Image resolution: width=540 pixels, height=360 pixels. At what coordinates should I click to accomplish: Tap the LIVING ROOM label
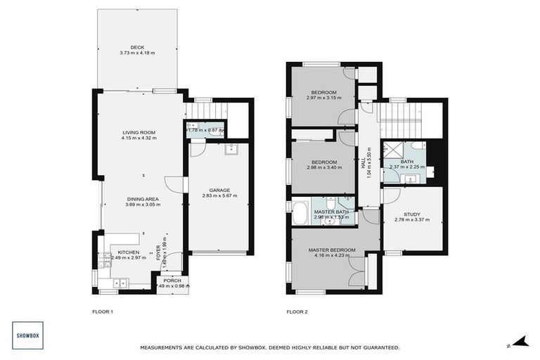pos(139,132)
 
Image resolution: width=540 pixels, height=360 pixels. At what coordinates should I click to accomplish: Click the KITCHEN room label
pos(128,252)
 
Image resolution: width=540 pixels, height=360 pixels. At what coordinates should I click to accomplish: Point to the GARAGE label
pos(219,189)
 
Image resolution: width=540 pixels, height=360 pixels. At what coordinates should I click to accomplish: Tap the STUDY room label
pos(412,214)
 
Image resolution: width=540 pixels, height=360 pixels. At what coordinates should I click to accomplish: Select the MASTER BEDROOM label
pos(332,250)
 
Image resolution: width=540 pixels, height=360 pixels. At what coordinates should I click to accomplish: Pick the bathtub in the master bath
pos(300,213)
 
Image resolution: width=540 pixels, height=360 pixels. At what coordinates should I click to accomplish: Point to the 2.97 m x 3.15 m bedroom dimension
pos(323,98)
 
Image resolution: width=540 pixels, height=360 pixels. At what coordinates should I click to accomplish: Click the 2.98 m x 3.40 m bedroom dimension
pos(323,167)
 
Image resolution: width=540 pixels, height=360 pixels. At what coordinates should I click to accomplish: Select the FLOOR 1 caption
pos(102,311)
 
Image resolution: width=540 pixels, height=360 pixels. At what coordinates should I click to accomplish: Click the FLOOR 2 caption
pos(297,311)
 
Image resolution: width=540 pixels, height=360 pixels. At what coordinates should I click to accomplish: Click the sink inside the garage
pos(230,149)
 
